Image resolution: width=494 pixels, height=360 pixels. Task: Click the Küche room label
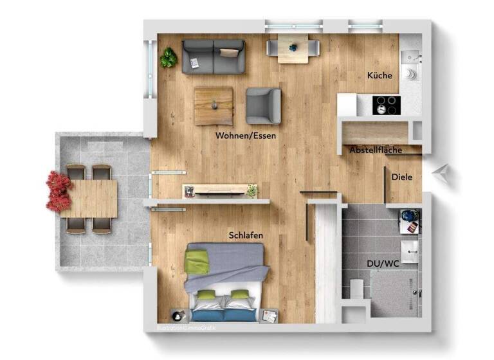pos(380,75)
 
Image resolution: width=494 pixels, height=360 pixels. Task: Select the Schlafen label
pos(246,235)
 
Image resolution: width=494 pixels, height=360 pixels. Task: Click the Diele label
pos(401,177)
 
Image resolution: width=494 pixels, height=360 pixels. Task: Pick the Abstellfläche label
pos(376,150)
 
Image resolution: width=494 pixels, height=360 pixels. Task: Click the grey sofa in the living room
pos(213,56)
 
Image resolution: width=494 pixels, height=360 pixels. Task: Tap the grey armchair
pos(264,105)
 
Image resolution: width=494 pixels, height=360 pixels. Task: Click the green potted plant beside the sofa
pos(169,58)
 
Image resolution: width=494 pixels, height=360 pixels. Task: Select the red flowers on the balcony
pos(58,191)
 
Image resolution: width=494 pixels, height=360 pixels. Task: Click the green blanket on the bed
pos(197,261)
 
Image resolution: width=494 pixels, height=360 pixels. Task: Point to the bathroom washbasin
pos(409,249)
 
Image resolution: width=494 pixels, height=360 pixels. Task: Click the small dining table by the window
pos(293,48)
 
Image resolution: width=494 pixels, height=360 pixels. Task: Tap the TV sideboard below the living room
pos(219,191)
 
